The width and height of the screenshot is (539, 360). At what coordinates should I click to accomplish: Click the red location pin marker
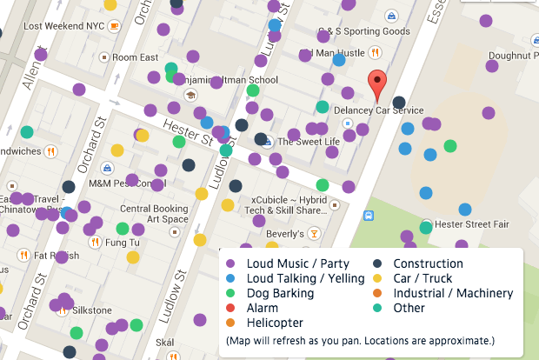click(x=376, y=85)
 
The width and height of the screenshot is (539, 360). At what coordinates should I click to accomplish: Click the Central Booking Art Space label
click(x=154, y=214)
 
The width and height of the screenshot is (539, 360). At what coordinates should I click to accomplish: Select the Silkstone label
click(x=91, y=310)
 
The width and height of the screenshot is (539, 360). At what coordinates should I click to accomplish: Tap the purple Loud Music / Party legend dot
click(x=230, y=263)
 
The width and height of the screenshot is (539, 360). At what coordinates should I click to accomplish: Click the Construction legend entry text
click(x=428, y=263)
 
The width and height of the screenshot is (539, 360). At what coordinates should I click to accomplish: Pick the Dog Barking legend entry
click(x=280, y=293)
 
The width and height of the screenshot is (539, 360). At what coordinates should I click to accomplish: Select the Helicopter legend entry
click(x=275, y=323)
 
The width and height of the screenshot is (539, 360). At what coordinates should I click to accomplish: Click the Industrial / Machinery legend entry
click(x=453, y=293)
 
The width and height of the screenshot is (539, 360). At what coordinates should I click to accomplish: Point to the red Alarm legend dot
click(x=230, y=308)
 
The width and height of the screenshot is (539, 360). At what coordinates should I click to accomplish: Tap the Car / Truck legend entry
click(x=423, y=278)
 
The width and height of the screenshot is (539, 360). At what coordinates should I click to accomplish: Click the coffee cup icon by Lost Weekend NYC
click(x=113, y=26)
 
